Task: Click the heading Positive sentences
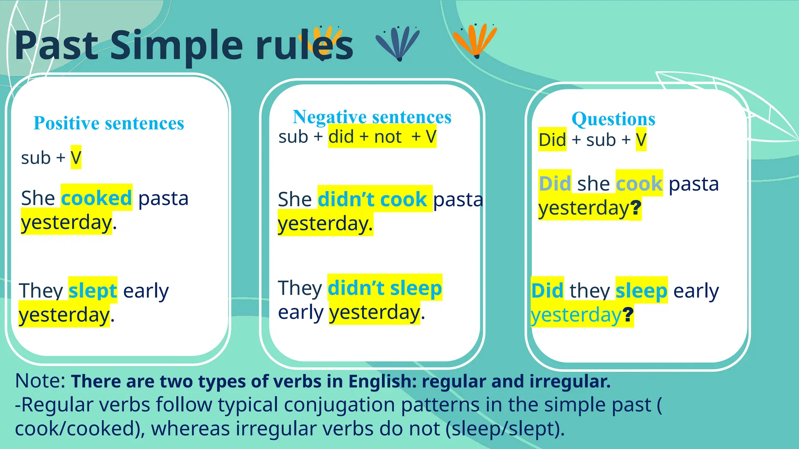108,123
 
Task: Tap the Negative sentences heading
372,117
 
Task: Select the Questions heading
613,119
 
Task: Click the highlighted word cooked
96,198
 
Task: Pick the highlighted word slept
92,291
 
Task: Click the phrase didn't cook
372,199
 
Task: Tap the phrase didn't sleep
384,288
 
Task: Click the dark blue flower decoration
398,43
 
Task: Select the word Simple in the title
176,46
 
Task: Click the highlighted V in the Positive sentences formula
76,158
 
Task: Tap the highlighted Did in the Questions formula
552,140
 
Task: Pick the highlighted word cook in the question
639,184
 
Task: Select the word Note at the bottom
40,381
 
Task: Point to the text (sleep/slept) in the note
505,428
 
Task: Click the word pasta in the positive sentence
163,198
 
